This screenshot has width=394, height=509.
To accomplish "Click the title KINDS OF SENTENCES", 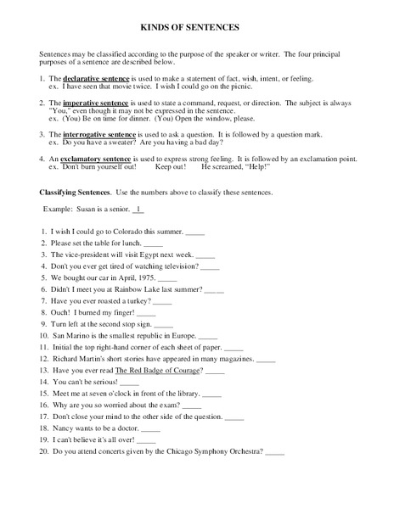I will point(196,27).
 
